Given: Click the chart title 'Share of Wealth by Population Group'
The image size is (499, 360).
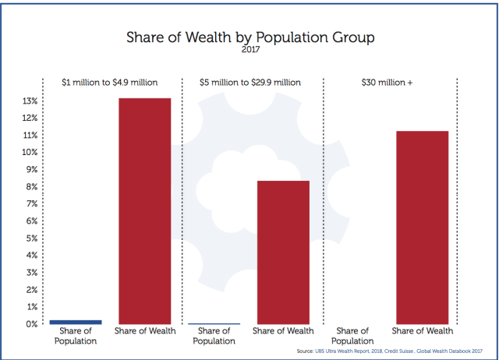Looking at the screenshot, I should tap(249, 37).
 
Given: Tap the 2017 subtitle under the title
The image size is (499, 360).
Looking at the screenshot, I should tap(249, 51).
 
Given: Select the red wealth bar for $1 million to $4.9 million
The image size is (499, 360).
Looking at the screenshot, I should tap(144, 210).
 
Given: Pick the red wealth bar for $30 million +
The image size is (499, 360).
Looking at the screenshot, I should tap(422, 227).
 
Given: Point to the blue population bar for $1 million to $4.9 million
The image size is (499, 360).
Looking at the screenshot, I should tap(76, 321).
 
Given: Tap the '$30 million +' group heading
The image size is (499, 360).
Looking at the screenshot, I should tap(388, 82).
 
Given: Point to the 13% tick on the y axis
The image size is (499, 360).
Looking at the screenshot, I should tap(30, 101).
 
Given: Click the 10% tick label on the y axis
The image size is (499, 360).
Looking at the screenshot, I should tap(30, 153).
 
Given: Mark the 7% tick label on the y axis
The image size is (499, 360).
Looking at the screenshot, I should tap(31, 204).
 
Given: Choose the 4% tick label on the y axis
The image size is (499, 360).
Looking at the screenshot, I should tap(31, 256).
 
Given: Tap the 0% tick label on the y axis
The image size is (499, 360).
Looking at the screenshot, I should tap(31, 323).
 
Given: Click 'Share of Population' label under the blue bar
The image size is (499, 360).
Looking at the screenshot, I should tap(76, 336).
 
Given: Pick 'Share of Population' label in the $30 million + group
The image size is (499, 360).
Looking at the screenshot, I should tap(352, 336).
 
